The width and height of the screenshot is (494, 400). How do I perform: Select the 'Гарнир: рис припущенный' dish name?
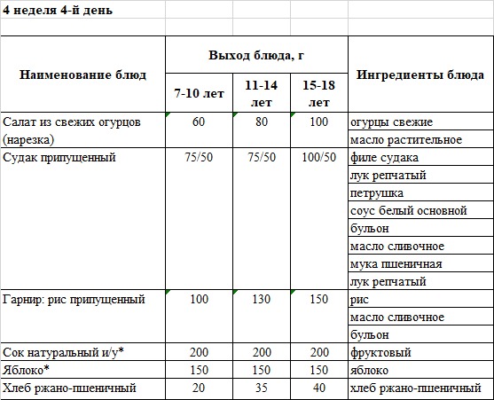pos(74,300)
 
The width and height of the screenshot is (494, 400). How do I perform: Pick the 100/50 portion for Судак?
pos(318,158)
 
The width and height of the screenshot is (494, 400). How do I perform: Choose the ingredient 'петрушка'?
pos(377,193)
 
